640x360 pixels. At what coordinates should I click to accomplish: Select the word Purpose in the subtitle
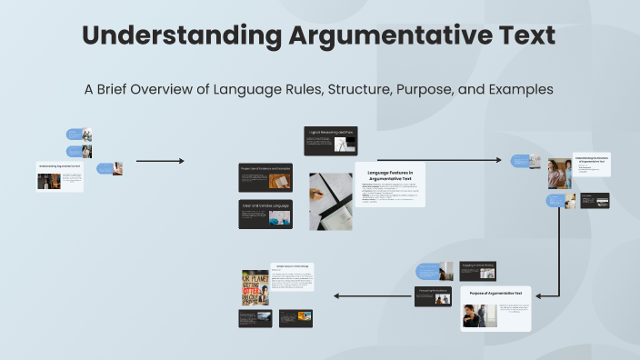click(405, 90)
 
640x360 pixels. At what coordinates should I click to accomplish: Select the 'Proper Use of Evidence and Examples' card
click(265, 177)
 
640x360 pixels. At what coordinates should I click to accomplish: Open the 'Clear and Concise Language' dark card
click(265, 214)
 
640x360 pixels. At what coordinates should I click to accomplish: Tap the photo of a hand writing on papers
click(331, 201)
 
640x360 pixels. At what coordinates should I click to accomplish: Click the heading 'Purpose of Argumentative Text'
click(495, 294)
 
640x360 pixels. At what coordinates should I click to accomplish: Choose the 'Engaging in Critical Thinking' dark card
click(477, 270)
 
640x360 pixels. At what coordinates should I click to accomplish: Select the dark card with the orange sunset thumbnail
click(295, 317)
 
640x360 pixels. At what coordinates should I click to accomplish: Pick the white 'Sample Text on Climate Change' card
click(292, 276)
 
